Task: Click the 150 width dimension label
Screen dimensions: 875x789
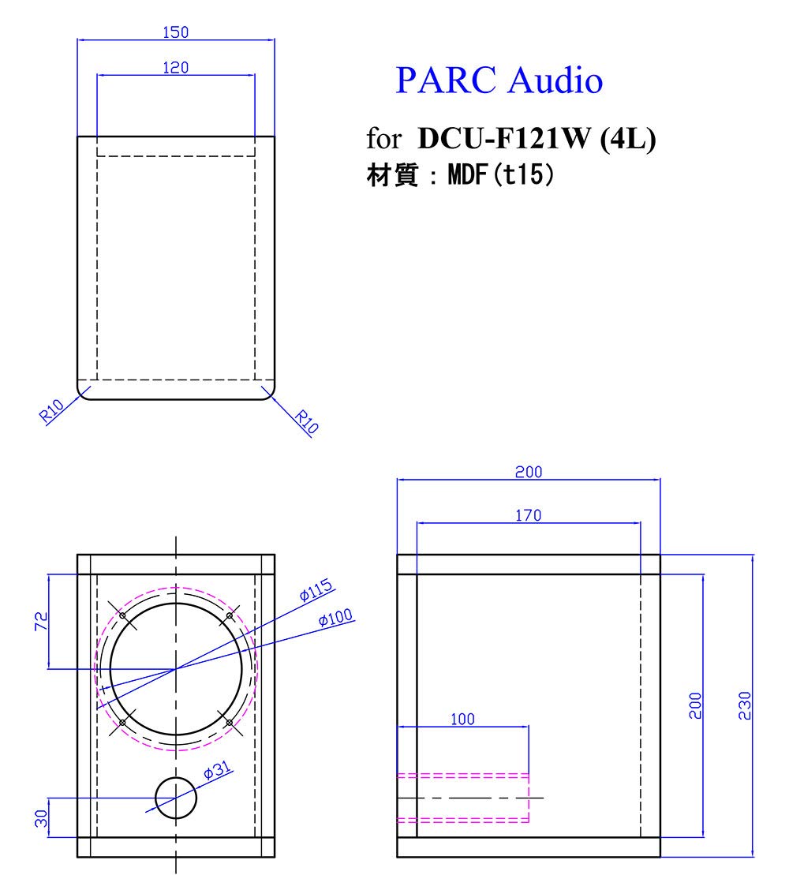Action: point(175,32)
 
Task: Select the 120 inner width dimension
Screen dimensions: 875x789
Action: point(175,69)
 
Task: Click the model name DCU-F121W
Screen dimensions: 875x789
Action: point(506,140)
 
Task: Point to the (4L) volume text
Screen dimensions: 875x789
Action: point(628,140)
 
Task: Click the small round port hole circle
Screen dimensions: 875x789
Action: point(176,798)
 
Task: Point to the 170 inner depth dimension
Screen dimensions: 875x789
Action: point(528,515)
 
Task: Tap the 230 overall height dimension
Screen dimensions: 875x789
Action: point(746,705)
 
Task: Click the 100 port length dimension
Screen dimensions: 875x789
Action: point(462,719)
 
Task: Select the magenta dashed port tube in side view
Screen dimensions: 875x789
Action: point(462,798)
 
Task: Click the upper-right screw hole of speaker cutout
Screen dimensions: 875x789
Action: point(229,615)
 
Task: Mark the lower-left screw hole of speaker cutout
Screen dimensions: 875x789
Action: point(122,722)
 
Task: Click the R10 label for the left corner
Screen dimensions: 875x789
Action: point(52,411)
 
